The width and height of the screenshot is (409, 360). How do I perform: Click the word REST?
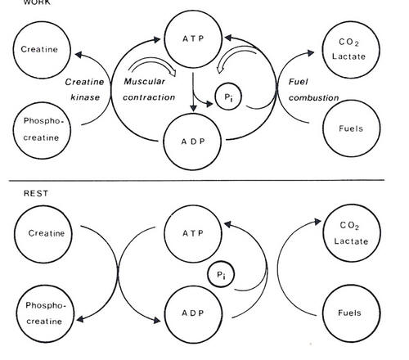click(36, 193)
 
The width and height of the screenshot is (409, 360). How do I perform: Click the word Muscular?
click(145, 81)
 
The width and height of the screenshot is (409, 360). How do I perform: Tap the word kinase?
click(85, 97)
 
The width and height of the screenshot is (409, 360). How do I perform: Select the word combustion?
click(313, 97)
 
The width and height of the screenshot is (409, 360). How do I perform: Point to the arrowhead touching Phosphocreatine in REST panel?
click(80, 318)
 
